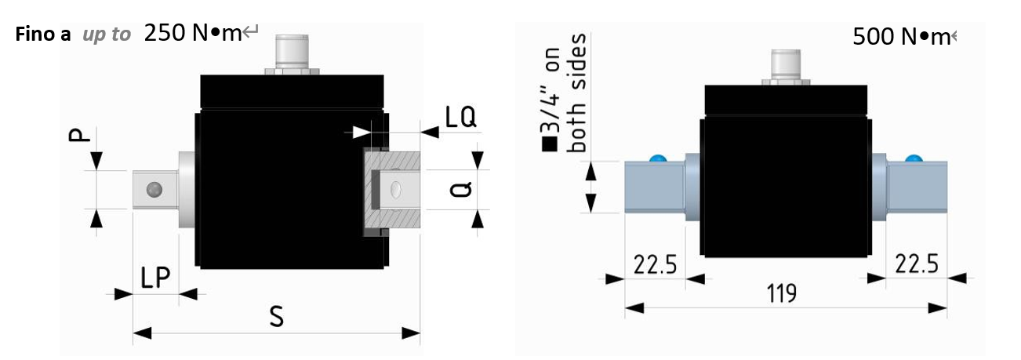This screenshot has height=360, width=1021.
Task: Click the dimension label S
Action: [x=277, y=316]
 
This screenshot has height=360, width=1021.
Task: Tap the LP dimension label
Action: [x=155, y=277]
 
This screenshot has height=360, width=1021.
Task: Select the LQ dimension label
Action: [x=460, y=117]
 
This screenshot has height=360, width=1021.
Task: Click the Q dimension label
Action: [x=460, y=189]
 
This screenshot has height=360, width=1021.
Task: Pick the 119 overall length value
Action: [x=781, y=293]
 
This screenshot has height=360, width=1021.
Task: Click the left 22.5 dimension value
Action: [x=655, y=264]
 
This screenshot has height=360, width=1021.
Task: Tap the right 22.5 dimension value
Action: [x=917, y=264]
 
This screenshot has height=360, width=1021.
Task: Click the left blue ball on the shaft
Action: [x=657, y=158]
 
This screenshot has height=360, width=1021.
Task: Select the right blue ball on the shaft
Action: [x=914, y=158]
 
